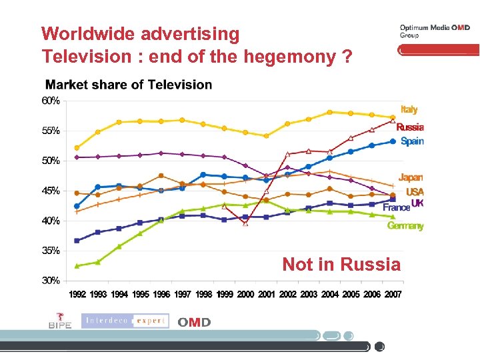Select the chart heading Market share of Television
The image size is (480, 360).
128,85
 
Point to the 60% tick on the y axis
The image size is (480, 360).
51,101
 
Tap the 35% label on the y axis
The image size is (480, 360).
51,251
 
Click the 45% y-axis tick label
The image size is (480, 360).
51,191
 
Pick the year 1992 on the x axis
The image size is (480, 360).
77,294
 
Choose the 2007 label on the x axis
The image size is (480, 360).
393,294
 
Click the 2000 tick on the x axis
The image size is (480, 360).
245,294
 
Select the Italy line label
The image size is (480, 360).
409,109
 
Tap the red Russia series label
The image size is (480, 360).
409,127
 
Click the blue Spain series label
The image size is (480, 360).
412,141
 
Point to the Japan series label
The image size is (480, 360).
411,177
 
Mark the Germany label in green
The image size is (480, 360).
405,226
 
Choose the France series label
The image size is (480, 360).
396,208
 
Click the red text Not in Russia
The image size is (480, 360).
341,264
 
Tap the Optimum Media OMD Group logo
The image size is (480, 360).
434,31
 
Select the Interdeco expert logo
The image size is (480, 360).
125,321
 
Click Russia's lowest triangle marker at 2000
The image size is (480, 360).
245,223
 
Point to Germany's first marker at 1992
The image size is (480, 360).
77,265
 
